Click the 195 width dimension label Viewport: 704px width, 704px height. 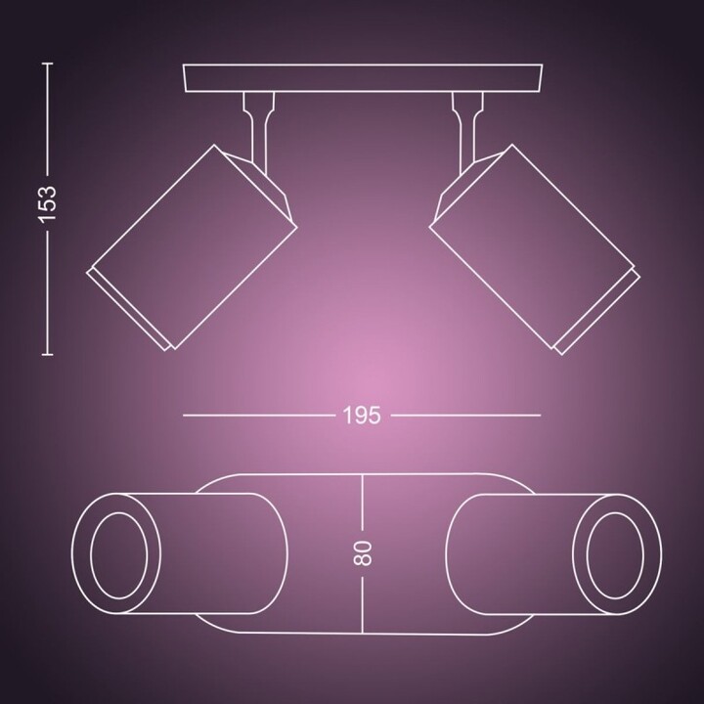coord(361,415)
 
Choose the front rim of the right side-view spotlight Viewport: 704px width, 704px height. coord(596,308)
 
